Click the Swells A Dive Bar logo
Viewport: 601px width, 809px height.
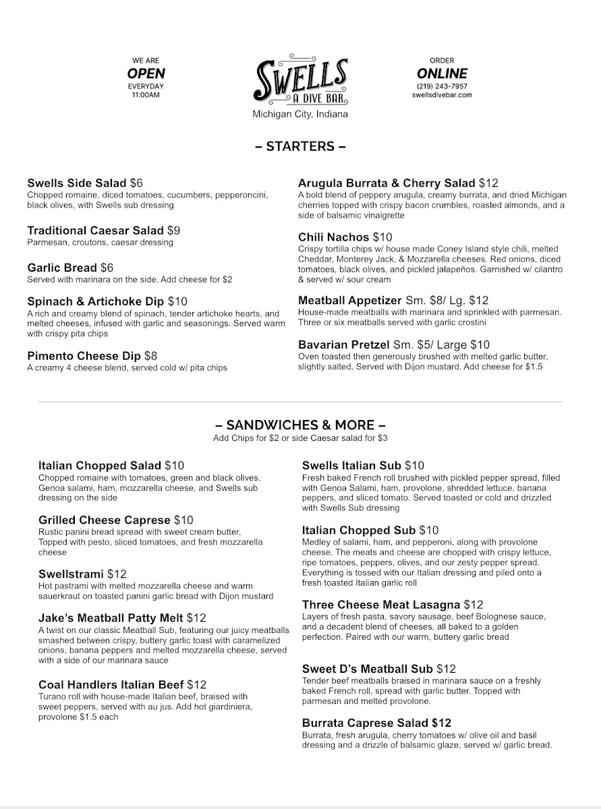click(301, 80)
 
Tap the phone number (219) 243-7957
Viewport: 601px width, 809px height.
click(442, 86)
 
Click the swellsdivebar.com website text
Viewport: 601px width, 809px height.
click(442, 95)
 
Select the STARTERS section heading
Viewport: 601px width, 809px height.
click(300, 146)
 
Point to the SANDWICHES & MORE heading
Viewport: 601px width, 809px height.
click(300, 425)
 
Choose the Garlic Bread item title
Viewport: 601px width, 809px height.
click(62, 268)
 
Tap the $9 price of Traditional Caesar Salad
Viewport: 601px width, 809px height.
click(173, 231)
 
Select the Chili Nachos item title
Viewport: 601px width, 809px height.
click(334, 237)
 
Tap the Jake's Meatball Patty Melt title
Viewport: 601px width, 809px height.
click(111, 618)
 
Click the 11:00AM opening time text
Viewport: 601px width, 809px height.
click(146, 95)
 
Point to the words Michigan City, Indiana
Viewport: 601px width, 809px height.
click(300, 115)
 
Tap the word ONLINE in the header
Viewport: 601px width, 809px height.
click(442, 73)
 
